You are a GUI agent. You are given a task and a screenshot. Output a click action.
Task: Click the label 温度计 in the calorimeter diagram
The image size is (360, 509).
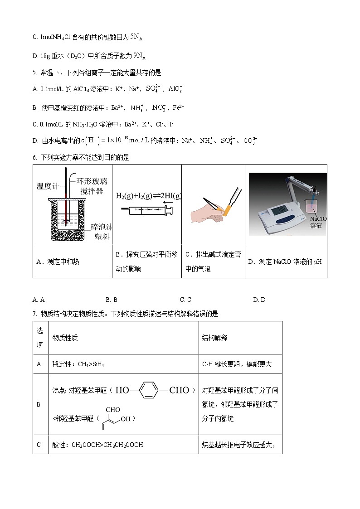(x=49, y=186)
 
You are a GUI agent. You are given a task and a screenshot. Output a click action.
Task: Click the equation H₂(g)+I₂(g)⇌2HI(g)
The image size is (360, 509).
(x=148, y=196)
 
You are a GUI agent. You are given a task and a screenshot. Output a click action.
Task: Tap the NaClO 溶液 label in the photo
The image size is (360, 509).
(x=318, y=222)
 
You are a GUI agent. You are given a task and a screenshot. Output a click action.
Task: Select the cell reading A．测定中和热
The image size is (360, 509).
(x=58, y=262)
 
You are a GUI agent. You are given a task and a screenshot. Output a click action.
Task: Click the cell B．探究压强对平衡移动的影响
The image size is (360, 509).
(x=147, y=262)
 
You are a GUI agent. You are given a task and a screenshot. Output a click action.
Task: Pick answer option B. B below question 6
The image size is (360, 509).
(x=112, y=300)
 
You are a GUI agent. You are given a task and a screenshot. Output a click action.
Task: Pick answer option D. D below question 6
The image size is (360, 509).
(x=259, y=300)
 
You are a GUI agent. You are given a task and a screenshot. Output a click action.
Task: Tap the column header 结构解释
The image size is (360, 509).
(x=214, y=338)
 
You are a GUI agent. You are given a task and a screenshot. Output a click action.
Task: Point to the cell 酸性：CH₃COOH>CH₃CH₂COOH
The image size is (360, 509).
(x=97, y=445)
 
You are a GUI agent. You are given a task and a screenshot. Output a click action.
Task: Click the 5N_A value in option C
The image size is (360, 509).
(x=136, y=37)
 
